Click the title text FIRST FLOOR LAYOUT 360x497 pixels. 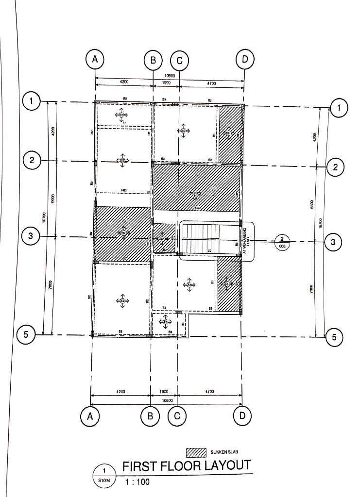186,466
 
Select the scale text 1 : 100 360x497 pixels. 137,482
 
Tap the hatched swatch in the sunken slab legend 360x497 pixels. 197,453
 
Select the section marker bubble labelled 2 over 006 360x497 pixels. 282,241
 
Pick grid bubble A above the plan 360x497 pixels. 95,59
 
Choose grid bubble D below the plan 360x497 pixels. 243,415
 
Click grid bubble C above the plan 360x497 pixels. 179,60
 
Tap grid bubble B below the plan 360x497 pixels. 150,416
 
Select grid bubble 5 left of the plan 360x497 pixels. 25,334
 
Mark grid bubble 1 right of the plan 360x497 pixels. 339,108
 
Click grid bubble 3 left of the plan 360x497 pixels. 31,236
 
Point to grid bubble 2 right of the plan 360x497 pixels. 335,167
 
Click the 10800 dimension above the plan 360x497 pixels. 170,76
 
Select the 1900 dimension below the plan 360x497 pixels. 164,391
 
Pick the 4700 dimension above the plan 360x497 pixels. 211,84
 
